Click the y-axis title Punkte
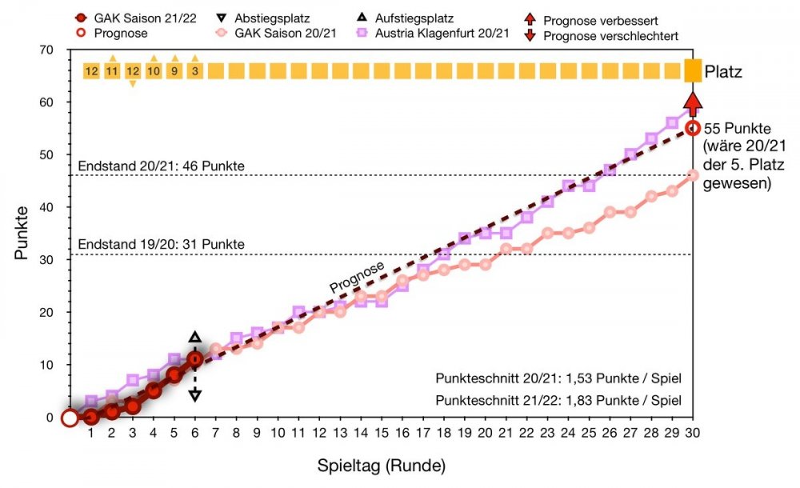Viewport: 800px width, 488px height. pyautogui.click(x=21, y=232)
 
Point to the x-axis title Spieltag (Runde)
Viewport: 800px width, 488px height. pyautogui.click(x=380, y=465)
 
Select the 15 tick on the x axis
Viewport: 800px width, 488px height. pyautogui.click(x=382, y=433)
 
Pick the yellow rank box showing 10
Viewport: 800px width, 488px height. pyautogui.click(x=154, y=71)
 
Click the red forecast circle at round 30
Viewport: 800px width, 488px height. pyautogui.click(x=693, y=128)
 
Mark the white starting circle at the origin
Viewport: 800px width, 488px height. pyautogui.click(x=70, y=417)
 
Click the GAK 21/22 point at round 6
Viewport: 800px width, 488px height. pyautogui.click(x=194, y=359)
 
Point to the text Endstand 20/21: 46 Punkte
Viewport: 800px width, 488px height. pyautogui.click(x=161, y=166)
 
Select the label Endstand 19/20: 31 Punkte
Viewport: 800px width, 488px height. pyautogui.click(x=161, y=243)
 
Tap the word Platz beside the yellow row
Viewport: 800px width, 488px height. pyautogui.click(x=723, y=72)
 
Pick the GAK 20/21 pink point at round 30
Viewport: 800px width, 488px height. pyautogui.click(x=693, y=174)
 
